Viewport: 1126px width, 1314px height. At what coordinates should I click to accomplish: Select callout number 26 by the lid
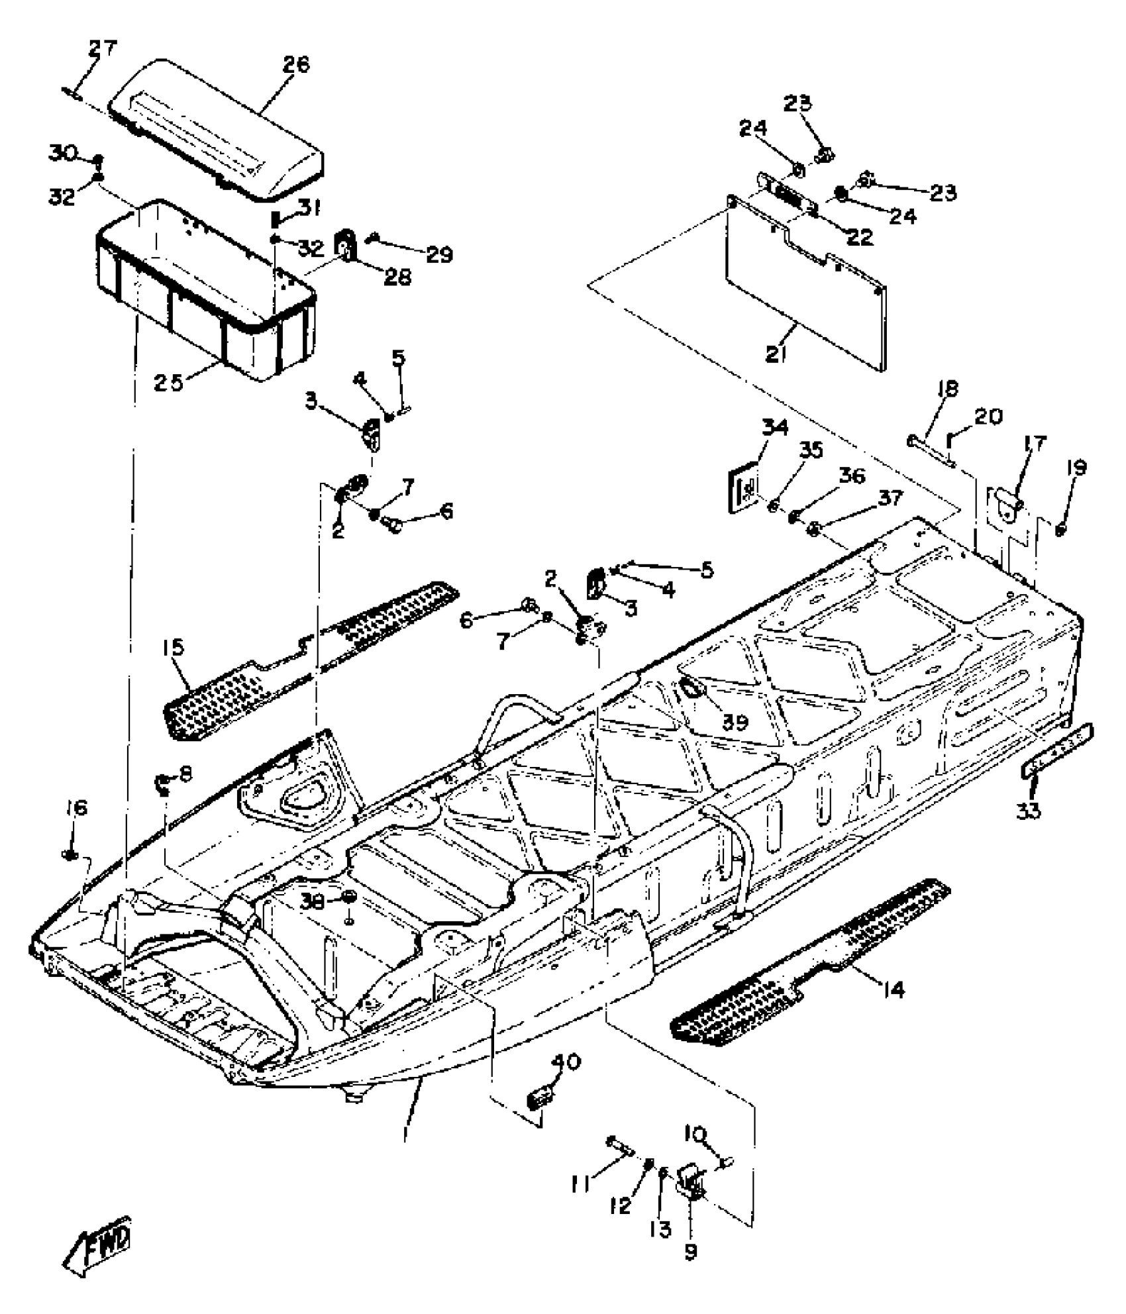point(296,65)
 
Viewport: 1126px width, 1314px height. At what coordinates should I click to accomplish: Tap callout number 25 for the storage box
point(168,382)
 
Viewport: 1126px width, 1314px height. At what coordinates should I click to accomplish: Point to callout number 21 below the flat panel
point(776,354)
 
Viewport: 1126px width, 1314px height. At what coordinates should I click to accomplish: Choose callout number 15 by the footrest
point(174,647)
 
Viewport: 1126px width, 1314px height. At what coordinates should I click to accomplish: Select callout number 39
point(735,721)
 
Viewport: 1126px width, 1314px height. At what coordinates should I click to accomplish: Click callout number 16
point(76,808)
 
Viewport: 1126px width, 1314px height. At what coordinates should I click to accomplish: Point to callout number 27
point(103,48)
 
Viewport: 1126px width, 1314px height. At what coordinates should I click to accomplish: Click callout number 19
point(1076,468)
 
